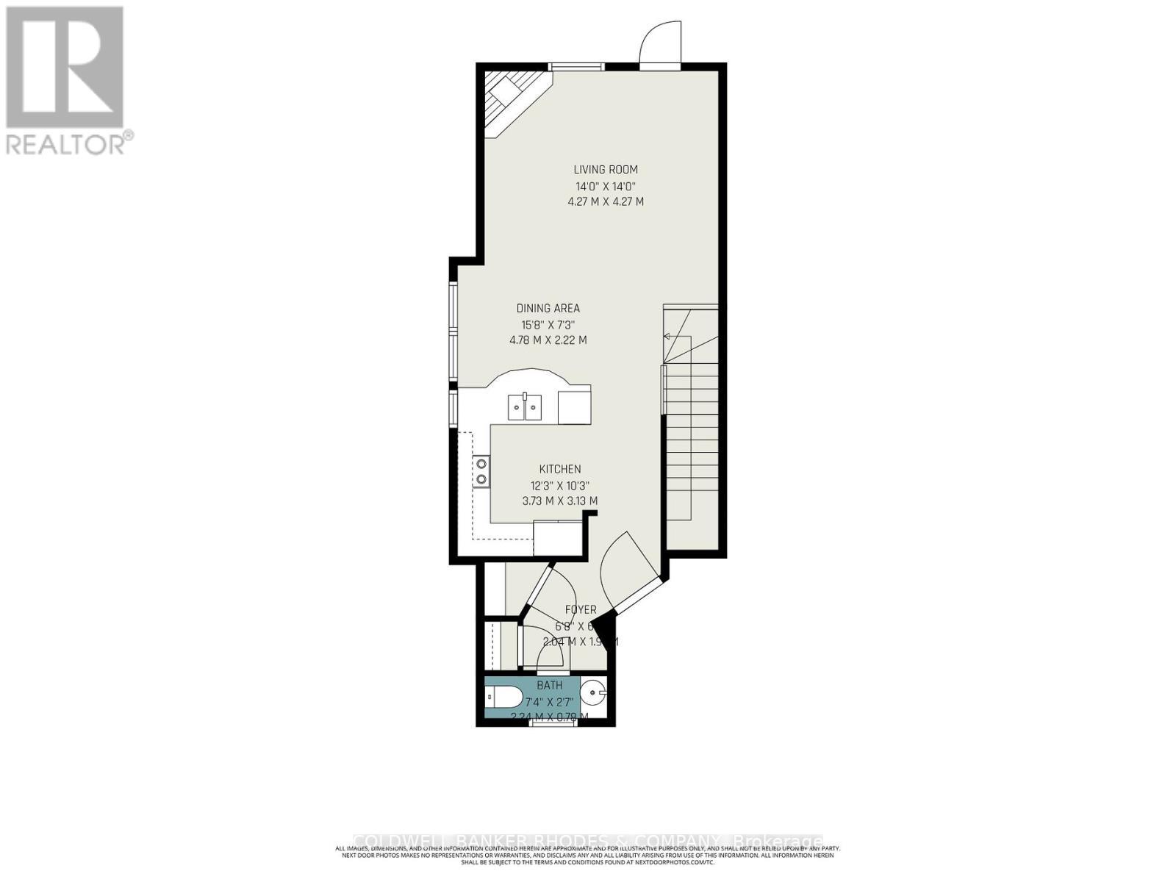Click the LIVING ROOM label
click(x=606, y=170)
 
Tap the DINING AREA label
click(x=548, y=309)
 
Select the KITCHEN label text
click(x=560, y=469)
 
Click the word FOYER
click(x=581, y=610)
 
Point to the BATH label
click(x=549, y=685)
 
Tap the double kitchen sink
click(x=525, y=406)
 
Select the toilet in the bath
click(x=504, y=695)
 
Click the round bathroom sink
click(x=594, y=692)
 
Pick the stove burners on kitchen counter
click(x=481, y=471)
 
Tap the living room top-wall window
click(x=577, y=67)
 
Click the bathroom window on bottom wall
click(x=553, y=723)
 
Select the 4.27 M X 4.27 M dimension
click(x=606, y=201)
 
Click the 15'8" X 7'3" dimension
click(x=548, y=324)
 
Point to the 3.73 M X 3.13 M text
click(x=560, y=501)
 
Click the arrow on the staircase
click(x=668, y=336)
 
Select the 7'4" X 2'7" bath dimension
click(x=549, y=702)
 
